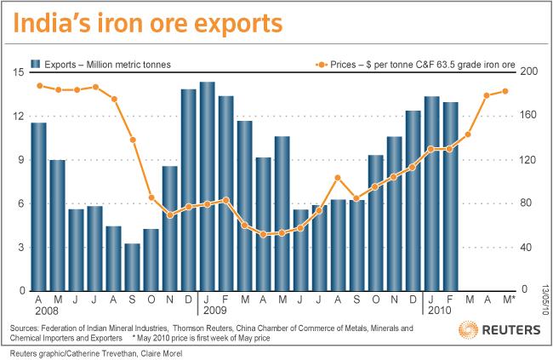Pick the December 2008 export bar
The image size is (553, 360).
coord(188,190)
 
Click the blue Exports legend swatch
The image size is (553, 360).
coord(35,64)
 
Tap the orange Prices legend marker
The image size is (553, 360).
coord(321,64)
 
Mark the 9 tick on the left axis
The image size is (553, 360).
coord(19,160)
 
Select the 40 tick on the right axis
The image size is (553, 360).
coord(530,248)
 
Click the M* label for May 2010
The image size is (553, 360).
coord(508,300)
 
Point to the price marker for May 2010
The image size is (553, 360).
coord(505,91)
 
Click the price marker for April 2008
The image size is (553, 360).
coord(39,86)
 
